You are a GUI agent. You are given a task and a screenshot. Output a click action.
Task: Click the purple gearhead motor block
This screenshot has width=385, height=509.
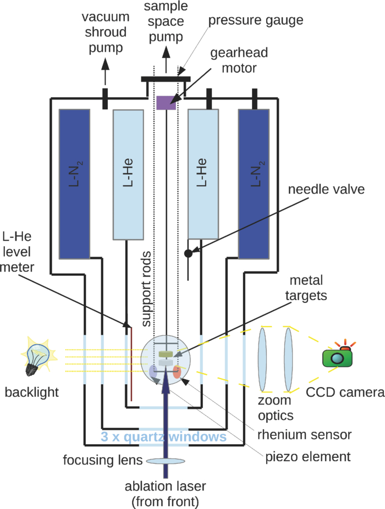[x=166, y=103]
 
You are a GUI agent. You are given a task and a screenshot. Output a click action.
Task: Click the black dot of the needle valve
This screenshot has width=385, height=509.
[x=188, y=253]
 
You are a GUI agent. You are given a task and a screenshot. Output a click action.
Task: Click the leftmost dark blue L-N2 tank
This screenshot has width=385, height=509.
[x=74, y=184]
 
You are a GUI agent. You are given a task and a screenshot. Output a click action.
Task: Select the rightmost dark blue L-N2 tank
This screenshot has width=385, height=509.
[x=254, y=184]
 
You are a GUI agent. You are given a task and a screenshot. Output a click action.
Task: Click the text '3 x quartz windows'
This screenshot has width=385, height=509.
[x=163, y=437]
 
